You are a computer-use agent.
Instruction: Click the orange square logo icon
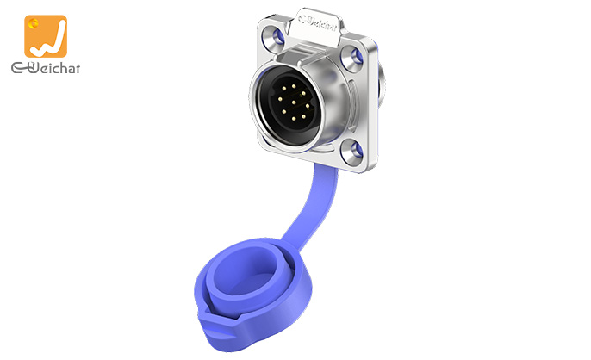click(x=46, y=36)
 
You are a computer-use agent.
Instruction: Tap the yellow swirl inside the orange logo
click(x=36, y=25)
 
